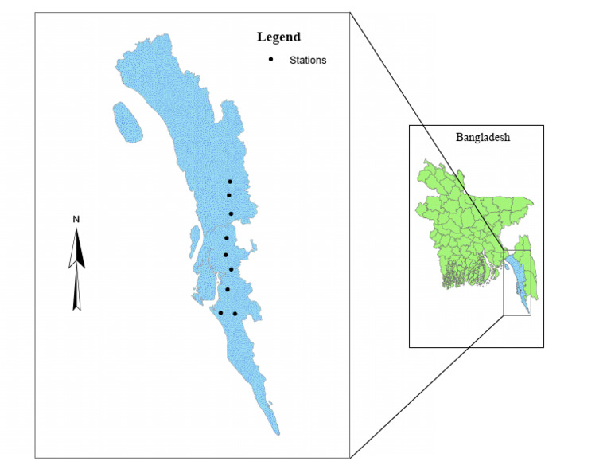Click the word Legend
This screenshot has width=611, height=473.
point(278,37)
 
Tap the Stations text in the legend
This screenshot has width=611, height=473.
point(308,60)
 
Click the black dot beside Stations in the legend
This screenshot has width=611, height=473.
point(271,60)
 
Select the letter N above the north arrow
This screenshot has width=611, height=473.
point(76,219)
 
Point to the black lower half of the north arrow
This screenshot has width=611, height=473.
point(77,291)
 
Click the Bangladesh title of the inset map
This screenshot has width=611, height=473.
point(483,137)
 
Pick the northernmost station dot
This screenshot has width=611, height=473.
point(230,182)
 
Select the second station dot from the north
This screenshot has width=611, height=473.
point(229,195)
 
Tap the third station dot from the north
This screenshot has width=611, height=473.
point(231,214)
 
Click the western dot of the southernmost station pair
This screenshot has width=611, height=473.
point(220,312)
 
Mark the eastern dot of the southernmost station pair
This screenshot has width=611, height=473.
point(235,314)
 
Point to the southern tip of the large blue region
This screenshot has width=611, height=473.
point(278,432)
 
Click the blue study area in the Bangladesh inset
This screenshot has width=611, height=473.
point(516,279)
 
